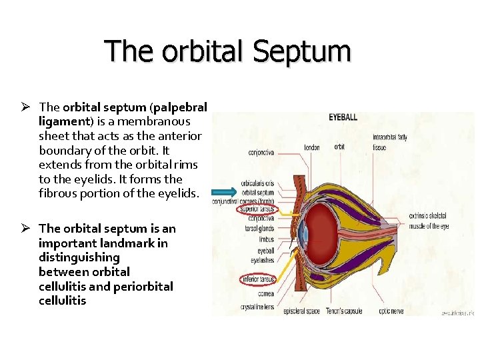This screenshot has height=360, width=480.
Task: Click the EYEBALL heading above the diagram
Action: [x=343, y=117]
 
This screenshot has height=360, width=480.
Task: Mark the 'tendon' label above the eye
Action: [x=311, y=147]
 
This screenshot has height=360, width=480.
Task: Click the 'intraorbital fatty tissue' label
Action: [x=390, y=142]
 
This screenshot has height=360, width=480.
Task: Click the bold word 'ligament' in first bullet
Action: [x=62, y=121]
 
